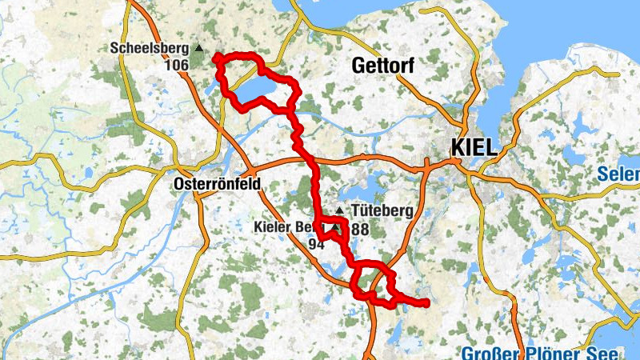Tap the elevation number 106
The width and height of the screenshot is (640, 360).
[x=175, y=65]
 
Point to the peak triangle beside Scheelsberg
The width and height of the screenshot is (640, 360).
[x=199, y=49]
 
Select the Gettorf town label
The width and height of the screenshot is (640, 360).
[x=382, y=67]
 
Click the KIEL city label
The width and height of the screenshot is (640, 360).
[x=474, y=148]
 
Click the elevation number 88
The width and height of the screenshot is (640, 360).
[x=359, y=229]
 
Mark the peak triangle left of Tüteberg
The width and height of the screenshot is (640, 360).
[x=339, y=211]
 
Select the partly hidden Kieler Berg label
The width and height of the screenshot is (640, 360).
[x=285, y=228]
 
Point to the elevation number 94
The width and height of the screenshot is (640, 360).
[x=316, y=244]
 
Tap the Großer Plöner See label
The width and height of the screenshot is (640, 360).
[x=539, y=354]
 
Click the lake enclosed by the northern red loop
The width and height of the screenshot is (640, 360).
[x=256, y=87]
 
